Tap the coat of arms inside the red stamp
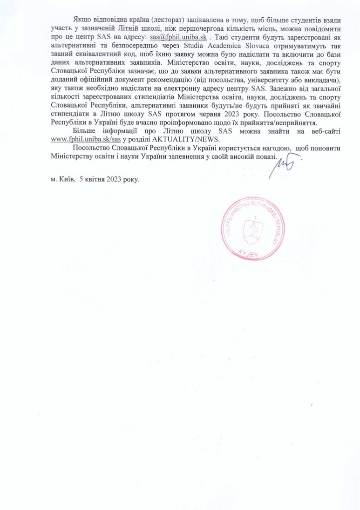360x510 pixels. point(255,228)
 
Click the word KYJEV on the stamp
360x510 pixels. point(250,253)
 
